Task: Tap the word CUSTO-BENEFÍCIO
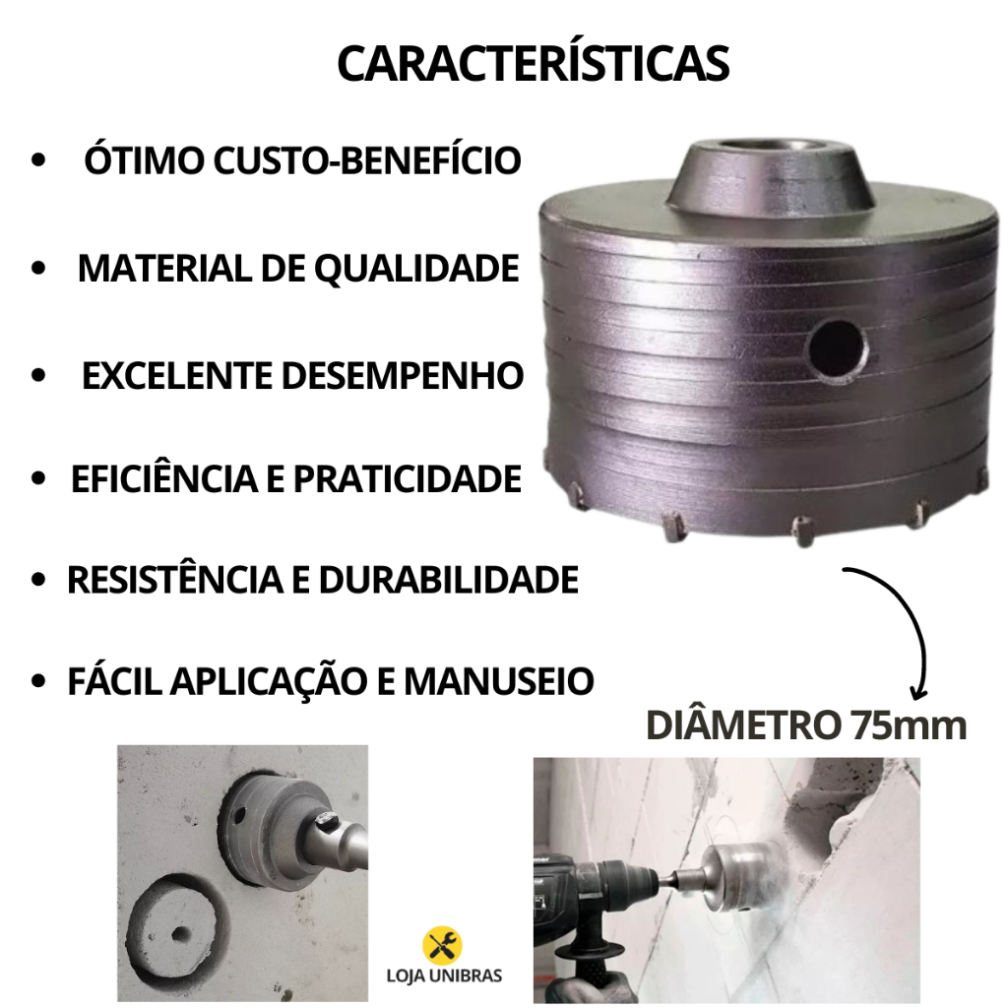[x=367, y=159]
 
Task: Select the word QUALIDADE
[x=416, y=268]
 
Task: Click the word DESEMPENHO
[x=403, y=375]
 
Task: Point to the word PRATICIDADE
[x=407, y=478]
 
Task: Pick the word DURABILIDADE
[x=449, y=580]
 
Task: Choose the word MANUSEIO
[x=499, y=681]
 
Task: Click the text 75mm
[x=909, y=725]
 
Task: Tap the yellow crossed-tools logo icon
[x=442, y=946]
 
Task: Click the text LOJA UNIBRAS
[x=444, y=976]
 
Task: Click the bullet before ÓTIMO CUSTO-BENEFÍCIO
[x=38, y=160]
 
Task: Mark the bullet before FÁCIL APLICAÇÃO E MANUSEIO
[x=38, y=681]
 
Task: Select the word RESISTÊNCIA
[x=175, y=580]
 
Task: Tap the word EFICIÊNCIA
[x=164, y=478]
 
